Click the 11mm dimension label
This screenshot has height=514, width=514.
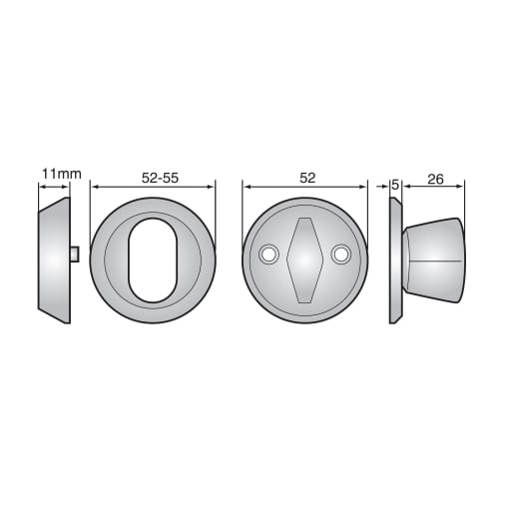click(x=60, y=174)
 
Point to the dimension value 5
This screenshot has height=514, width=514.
click(x=396, y=184)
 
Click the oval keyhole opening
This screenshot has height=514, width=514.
click(x=153, y=260)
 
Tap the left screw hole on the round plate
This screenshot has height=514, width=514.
click(x=268, y=256)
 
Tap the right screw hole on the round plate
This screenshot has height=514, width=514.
click(x=341, y=256)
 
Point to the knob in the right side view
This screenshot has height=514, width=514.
click(x=435, y=259)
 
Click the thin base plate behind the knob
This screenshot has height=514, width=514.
click(x=396, y=259)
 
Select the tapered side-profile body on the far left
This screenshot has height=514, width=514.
click(x=54, y=259)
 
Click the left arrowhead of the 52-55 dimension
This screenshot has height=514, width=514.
click(x=94, y=186)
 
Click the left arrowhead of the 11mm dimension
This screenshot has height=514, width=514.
click(x=41, y=186)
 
